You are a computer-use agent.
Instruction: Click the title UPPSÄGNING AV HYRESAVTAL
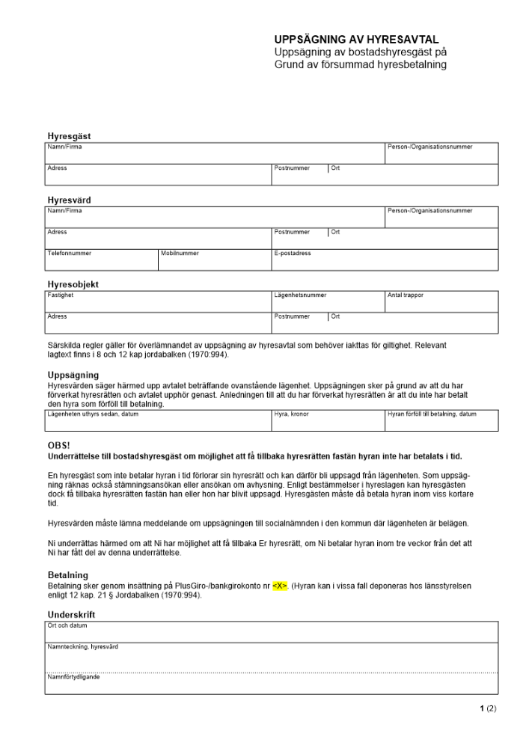pyautogui.click(x=356, y=40)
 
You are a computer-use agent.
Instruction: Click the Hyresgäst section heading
pyautogui.click(x=70, y=136)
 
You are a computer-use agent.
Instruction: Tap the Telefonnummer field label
pyautogui.click(x=70, y=254)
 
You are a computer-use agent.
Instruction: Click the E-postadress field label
pyautogui.click(x=293, y=254)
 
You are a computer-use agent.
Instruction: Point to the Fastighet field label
pyautogui.click(x=61, y=295)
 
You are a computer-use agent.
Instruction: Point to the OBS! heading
pyautogui.click(x=58, y=446)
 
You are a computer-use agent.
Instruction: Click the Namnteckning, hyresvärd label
pyautogui.click(x=83, y=647)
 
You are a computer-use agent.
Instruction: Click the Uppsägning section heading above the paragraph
pyautogui.click(x=73, y=375)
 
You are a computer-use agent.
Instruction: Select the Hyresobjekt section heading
pyautogui.click(x=73, y=285)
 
